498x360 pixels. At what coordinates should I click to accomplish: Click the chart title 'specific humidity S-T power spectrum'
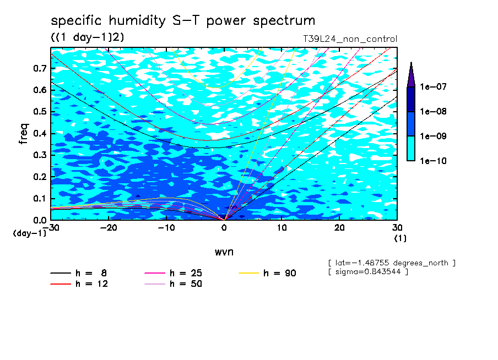183,21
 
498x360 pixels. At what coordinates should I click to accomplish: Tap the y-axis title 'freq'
24,134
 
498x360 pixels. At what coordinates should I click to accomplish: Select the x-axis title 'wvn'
224,252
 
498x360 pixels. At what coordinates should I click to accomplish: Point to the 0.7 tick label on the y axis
40,68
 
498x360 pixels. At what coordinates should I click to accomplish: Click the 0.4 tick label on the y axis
40,133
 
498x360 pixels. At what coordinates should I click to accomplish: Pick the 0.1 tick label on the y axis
40,198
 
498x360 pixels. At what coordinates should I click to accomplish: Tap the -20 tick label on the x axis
109,228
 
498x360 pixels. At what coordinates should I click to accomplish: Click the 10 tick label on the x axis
282,228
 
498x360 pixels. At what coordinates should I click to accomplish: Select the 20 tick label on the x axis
339,228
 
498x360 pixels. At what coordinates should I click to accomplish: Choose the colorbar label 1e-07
433,86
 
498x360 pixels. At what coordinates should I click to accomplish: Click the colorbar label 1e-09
433,136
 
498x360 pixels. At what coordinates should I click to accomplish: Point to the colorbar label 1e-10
433,161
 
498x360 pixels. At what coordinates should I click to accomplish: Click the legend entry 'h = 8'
78,273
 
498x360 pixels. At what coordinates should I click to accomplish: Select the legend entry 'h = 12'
79,283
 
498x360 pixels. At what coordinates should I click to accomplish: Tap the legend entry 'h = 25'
173,273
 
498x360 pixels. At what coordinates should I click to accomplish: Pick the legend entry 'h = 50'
173,283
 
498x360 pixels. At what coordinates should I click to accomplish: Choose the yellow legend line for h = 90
248,273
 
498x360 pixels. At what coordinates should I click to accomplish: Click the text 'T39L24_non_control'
350,39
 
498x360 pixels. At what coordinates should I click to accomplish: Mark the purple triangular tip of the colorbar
412,62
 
